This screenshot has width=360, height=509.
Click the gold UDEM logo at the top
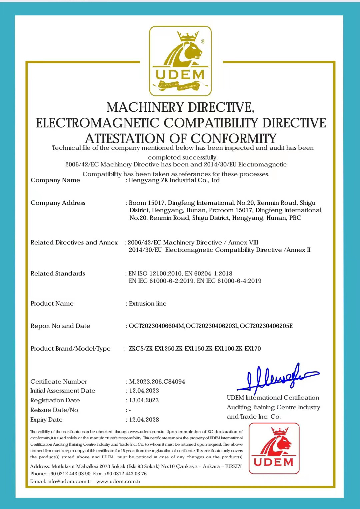pyautogui.click(x=180, y=61)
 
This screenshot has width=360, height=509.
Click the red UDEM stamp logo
pyautogui.click(x=274, y=448)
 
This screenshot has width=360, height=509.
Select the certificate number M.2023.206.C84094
pyautogui.click(x=157, y=382)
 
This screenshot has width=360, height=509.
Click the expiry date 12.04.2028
pyautogui.click(x=144, y=420)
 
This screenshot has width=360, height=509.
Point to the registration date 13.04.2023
pyautogui.click(x=144, y=400)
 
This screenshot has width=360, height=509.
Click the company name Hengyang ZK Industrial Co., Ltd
pyautogui.click(x=174, y=180)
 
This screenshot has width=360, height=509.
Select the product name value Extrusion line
pyautogui.click(x=148, y=304)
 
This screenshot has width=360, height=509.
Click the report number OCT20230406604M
pyautogui.click(x=156, y=326)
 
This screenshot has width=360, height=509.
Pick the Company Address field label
pyautogui.click(x=58, y=203)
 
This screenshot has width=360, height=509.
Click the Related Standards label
pyautogui.click(x=58, y=274)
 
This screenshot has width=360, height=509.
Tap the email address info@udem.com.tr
pyautogui.click(x=69, y=481)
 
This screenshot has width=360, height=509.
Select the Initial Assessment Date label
pyautogui.click(x=63, y=391)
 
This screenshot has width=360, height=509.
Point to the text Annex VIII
pyautogui.click(x=243, y=242)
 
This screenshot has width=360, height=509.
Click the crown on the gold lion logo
pyautogui.click(x=188, y=36)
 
